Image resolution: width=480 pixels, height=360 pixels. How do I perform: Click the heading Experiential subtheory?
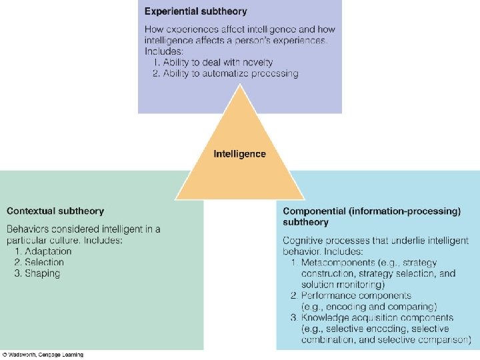pos(195,11)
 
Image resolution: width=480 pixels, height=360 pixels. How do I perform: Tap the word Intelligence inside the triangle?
pos(239,154)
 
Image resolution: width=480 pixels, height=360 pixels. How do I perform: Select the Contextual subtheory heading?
pos(55,211)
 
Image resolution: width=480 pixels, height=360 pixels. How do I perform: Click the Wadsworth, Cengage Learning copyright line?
pos(43,355)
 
